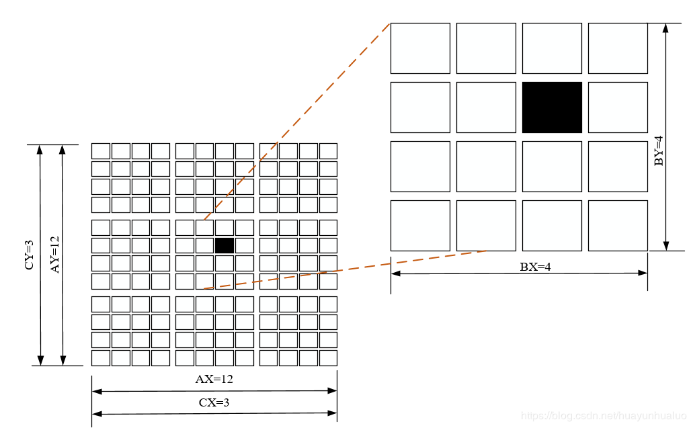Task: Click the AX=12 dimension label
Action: [x=214, y=379]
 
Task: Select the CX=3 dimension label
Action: [x=214, y=402]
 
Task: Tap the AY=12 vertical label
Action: [x=54, y=255]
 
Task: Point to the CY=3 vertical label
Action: [x=29, y=255]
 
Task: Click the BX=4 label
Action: [x=535, y=267]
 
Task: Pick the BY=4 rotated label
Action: [x=659, y=151]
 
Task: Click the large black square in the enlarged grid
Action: [x=552, y=108]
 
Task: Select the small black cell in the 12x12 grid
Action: [x=225, y=246]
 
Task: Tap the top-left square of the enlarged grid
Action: [x=420, y=48]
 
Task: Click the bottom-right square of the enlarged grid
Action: [x=618, y=226]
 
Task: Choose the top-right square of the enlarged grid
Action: [x=618, y=48]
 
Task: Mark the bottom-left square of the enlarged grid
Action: [x=420, y=226]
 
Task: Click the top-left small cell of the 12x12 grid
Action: [x=101, y=151]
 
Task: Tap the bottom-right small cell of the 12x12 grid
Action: [x=329, y=357]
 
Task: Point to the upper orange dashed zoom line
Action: [x=296, y=122]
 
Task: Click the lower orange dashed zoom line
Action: [x=345, y=270]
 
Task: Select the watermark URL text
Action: [x=604, y=416]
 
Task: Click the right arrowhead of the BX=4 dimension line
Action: [x=643, y=273]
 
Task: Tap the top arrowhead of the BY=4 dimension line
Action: [x=666, y=29]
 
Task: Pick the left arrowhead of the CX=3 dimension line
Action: [x=97, y=414]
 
